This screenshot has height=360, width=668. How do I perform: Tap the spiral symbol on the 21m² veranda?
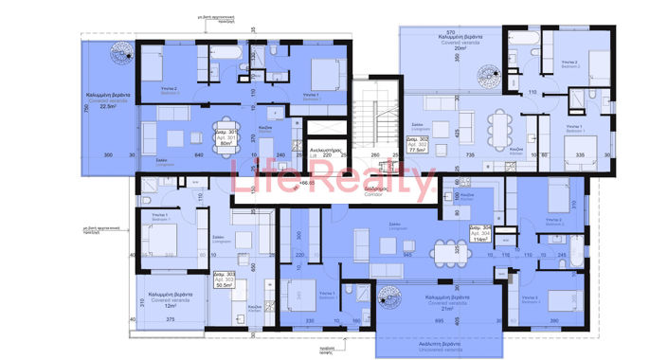(x=386, y=301)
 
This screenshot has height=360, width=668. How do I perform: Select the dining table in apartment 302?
(x=500, y=122)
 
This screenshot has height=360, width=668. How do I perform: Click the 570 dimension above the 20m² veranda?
(x=451, y=31)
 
